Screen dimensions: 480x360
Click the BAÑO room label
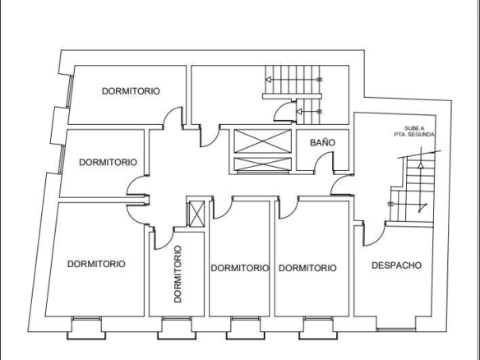[322, 142]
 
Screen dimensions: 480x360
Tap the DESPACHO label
[396, 265]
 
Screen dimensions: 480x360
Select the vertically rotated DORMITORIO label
[178, 274]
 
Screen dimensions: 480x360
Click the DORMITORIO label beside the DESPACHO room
[307, 268]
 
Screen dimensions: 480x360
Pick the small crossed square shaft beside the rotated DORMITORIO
[196, 214]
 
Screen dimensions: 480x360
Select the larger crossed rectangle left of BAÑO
[263, 141]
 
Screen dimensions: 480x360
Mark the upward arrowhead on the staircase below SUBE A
[421, 165]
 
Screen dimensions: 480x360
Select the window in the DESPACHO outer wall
[396, 330]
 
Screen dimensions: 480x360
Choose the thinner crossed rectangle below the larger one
[263, 164]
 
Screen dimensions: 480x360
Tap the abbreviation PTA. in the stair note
[400, 135]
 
